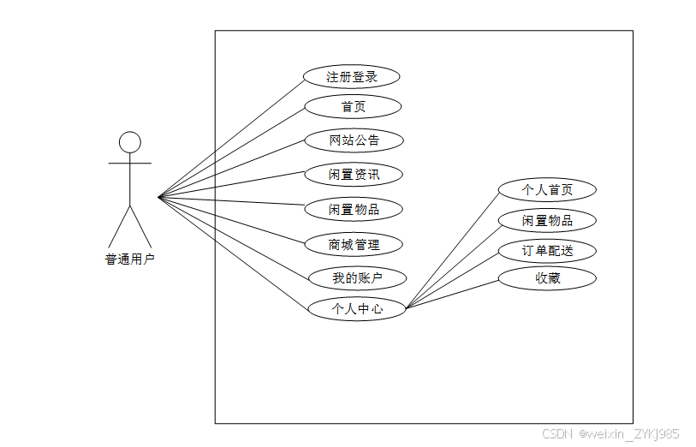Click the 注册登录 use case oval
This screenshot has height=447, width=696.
(352, 76)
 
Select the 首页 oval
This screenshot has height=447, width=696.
(354, 106)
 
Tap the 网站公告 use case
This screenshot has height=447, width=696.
(354, 140)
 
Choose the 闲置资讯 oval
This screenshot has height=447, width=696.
(354, 175)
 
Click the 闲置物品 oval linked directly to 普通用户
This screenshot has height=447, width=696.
(354, 209)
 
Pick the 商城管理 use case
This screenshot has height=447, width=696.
(354, 244)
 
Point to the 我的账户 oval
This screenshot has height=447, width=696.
(357, 277)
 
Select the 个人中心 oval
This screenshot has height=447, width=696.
(357, 308)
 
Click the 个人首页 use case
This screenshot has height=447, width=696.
(547, 189)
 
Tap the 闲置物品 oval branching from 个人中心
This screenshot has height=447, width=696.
(547, 220)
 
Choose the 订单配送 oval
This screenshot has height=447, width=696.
(547, 251)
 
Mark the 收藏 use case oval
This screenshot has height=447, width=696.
(547, 277)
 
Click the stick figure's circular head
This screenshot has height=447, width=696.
(129, 142)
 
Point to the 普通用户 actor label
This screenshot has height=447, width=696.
(129, 259)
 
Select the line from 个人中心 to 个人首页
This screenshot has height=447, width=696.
(453, 248)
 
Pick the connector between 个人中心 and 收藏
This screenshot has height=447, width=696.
(453, 293)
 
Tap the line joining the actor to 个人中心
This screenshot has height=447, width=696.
(233, 253)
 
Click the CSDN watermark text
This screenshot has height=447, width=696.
(556, 434)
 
